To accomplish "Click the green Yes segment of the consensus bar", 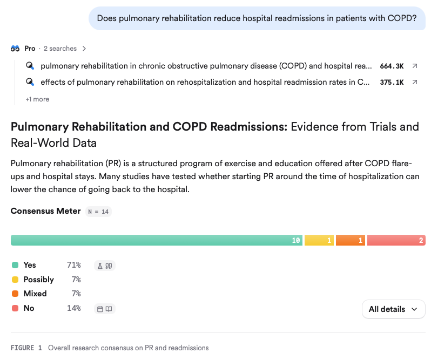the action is [x=157, y=240].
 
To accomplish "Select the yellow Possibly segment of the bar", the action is [x=319, y=240].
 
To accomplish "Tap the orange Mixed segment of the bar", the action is [x=351, y=240].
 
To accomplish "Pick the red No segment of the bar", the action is [x=396, y=240].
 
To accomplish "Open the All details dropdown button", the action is [x=394, y=309].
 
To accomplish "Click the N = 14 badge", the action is [x=98, y=212].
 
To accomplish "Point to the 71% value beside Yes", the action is [x=74, y=265].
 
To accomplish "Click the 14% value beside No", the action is [x=74, y=308].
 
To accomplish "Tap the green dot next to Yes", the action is [x=15, y=265].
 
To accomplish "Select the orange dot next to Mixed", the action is [x=15, y=294].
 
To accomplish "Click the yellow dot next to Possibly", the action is [x=15, y=280].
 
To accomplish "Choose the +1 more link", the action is [x=37, y=99].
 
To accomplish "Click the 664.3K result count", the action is [x=392, y=66].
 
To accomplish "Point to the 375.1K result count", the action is [x=392, y=83].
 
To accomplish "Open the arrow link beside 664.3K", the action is [x=415, y=66].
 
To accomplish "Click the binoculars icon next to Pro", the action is [x=15, y=49].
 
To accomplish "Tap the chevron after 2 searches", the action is [x=84, y=49].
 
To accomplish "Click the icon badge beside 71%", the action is [x=105, y=266].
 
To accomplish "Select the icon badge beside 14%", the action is [x=105, y=309].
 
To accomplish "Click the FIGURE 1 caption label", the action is [x=26, y=348].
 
